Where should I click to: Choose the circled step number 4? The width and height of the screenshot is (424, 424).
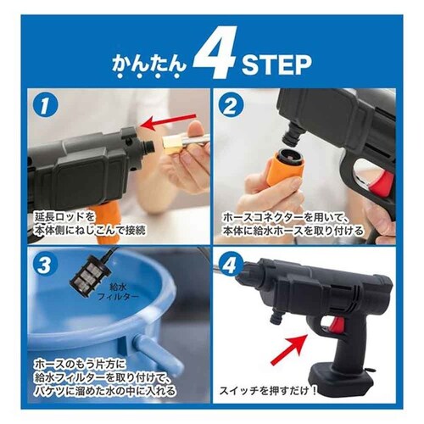230,265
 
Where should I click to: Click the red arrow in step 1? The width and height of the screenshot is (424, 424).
169,122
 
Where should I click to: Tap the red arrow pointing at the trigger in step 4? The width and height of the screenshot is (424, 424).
289,349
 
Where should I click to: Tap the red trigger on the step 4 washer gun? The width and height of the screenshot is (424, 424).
338,326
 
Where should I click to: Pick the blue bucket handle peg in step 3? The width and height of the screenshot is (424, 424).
155,350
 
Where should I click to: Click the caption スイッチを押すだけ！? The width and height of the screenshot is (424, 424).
268,391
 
